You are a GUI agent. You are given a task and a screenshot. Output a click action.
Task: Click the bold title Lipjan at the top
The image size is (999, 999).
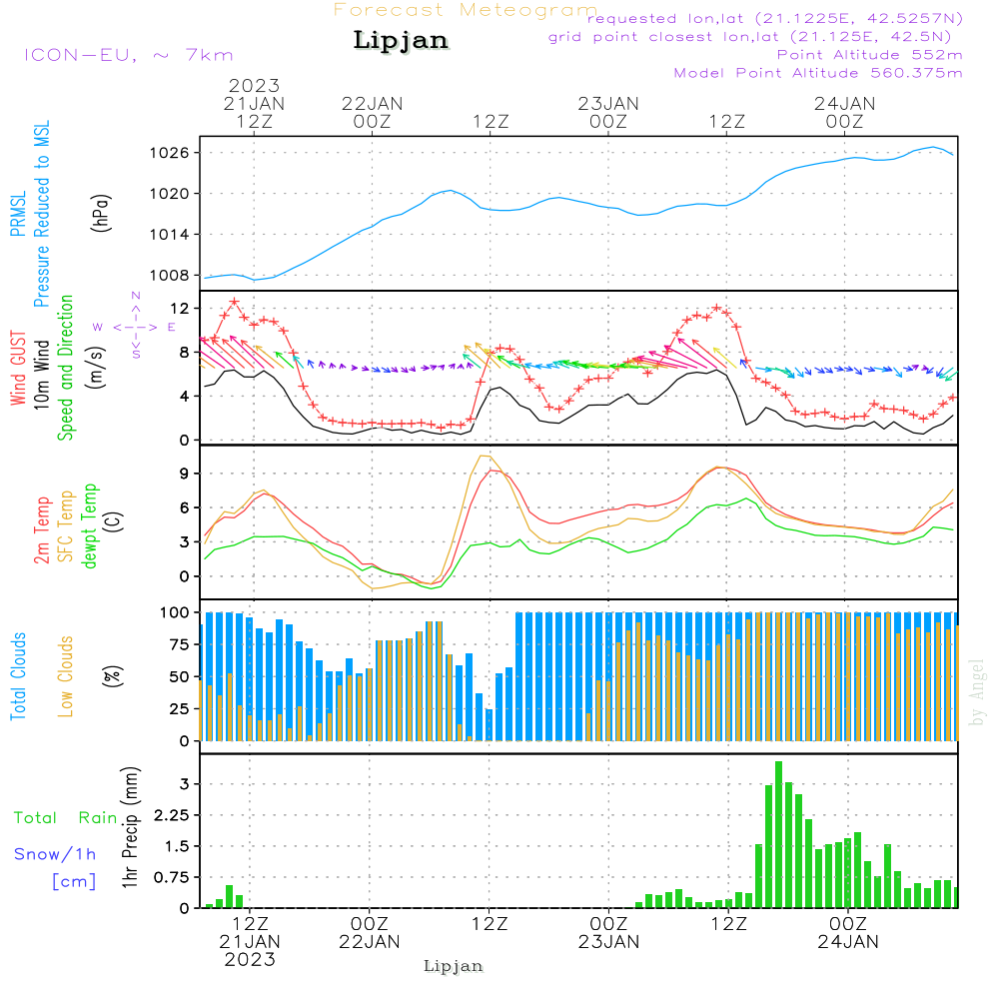(401, 41)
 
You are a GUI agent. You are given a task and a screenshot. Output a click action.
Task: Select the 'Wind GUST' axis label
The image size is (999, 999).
(19, 370)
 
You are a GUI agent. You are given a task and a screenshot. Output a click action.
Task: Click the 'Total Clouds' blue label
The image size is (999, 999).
(19, 676)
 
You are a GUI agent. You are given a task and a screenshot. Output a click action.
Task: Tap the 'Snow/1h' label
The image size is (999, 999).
(56, 854)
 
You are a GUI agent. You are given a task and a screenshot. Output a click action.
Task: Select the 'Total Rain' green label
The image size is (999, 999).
(66, 818)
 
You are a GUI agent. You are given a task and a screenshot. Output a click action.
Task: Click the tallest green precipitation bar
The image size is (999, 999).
(778, 834)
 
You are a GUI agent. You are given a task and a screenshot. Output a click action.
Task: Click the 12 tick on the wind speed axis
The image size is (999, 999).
(180, 308)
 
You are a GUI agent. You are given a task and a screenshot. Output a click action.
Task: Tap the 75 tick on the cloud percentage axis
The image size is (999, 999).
(177, 645)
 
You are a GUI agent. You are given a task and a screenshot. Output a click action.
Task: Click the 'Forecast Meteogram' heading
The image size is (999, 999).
(466, 10)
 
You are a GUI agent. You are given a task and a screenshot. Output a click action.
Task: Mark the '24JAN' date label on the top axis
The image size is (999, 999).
(845, 103)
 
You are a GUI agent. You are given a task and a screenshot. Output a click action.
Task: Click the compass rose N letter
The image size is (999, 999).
(136, 297)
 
